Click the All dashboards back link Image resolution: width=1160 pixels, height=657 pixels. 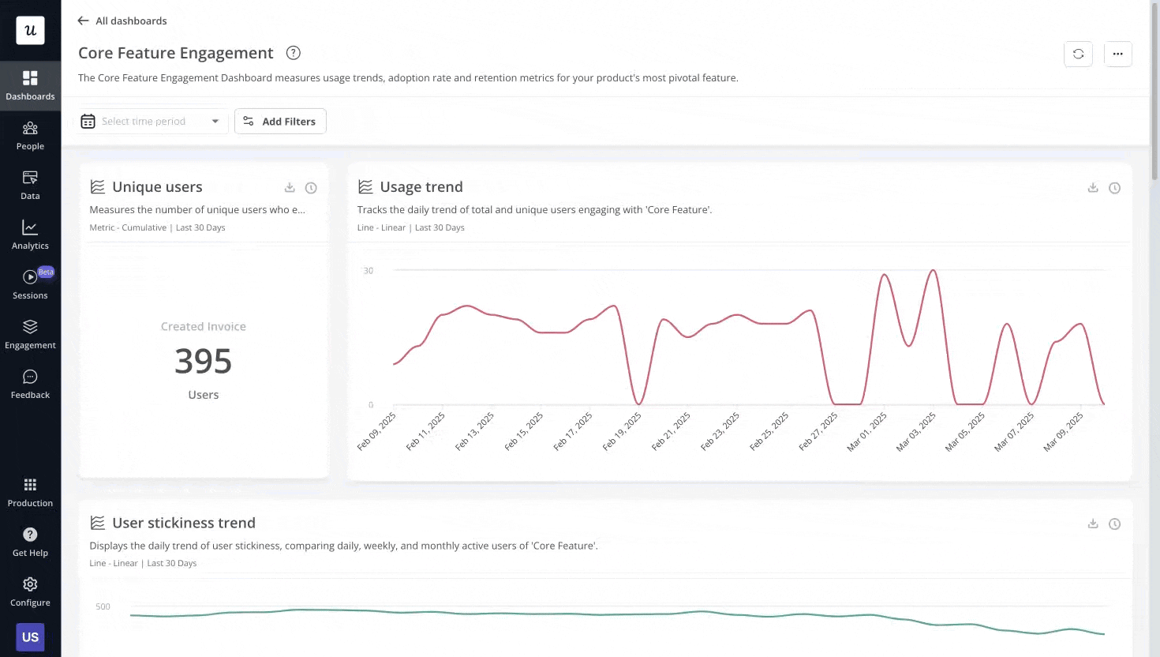click(122, 21)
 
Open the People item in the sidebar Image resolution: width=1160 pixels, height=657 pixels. click(30, 136)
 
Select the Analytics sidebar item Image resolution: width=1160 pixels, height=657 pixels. click(30, 235)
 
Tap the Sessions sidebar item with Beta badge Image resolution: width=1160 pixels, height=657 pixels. click(30, 285)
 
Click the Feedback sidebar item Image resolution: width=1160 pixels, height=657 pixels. click(30, 385)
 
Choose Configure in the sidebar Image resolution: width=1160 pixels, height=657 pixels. click(30, 592)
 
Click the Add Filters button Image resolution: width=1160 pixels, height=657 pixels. click(280, 122)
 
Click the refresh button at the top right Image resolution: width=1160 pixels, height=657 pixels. click(1078, 54)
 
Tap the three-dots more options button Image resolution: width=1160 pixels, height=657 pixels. click(1117, 54)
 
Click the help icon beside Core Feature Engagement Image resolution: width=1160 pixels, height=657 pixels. click(294, 53)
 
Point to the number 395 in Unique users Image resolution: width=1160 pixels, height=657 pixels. click(203, 362)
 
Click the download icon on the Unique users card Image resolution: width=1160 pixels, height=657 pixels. click(290, 188)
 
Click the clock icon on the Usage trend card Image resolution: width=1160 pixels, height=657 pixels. click(1114, 188)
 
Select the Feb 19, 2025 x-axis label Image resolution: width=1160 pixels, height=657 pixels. click(623, 431)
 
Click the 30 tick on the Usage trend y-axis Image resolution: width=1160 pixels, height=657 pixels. click(369, 271)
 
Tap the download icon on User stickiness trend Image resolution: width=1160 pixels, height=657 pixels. click(1093, 524)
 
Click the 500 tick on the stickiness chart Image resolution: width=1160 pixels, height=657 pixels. click(103, 606)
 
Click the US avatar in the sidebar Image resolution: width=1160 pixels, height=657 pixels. click(30, 637)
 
